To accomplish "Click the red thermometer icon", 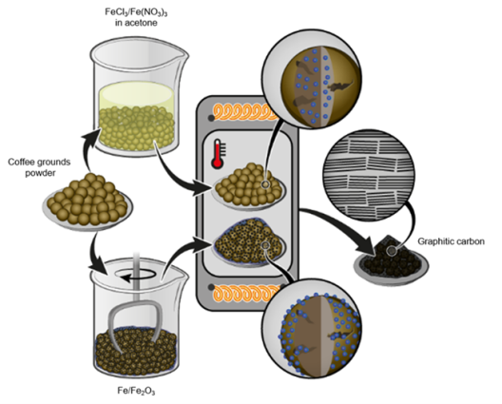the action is tap(218, 154).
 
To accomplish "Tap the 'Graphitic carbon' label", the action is tap(451, 241).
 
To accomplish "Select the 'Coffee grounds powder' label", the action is tap(39, 167).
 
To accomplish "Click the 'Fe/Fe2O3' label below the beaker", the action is tap(136, 391).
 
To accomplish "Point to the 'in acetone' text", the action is tap(136, 23).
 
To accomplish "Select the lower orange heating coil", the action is tap(245, 294).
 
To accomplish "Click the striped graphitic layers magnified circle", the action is tap(370, 176).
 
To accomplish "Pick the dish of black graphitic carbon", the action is tap(391, 260).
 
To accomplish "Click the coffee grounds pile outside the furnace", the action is tap(87, 201).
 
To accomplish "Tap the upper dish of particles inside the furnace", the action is tap(250, 186).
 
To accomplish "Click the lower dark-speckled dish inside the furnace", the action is tap(249, 241).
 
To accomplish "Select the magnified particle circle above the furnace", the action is tap(312, 80).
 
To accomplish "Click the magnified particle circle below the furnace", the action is tap(312, 328).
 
